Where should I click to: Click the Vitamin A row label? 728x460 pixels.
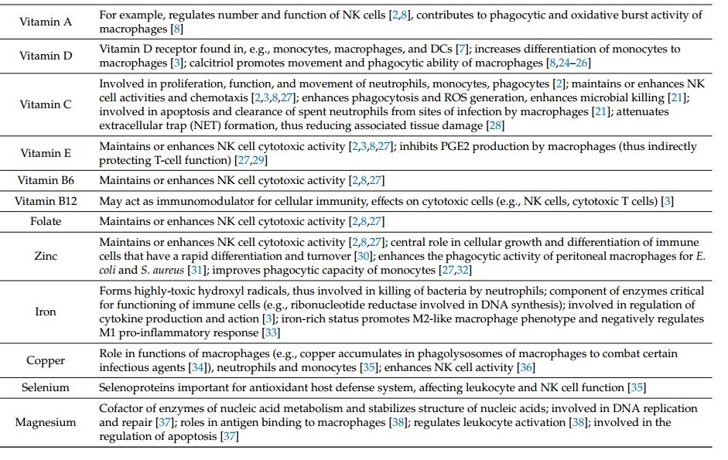click(46, 22)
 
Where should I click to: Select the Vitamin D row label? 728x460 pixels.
click(46, 56)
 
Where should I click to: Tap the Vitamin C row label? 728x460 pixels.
click(46, 104)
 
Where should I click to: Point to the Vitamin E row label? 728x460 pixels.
click(46, 153)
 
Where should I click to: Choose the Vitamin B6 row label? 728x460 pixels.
click(46, 181)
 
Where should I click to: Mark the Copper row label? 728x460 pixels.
click(46, 360)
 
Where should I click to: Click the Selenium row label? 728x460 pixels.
click(46, 387)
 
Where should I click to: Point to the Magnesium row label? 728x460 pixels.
click(46, 422)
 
